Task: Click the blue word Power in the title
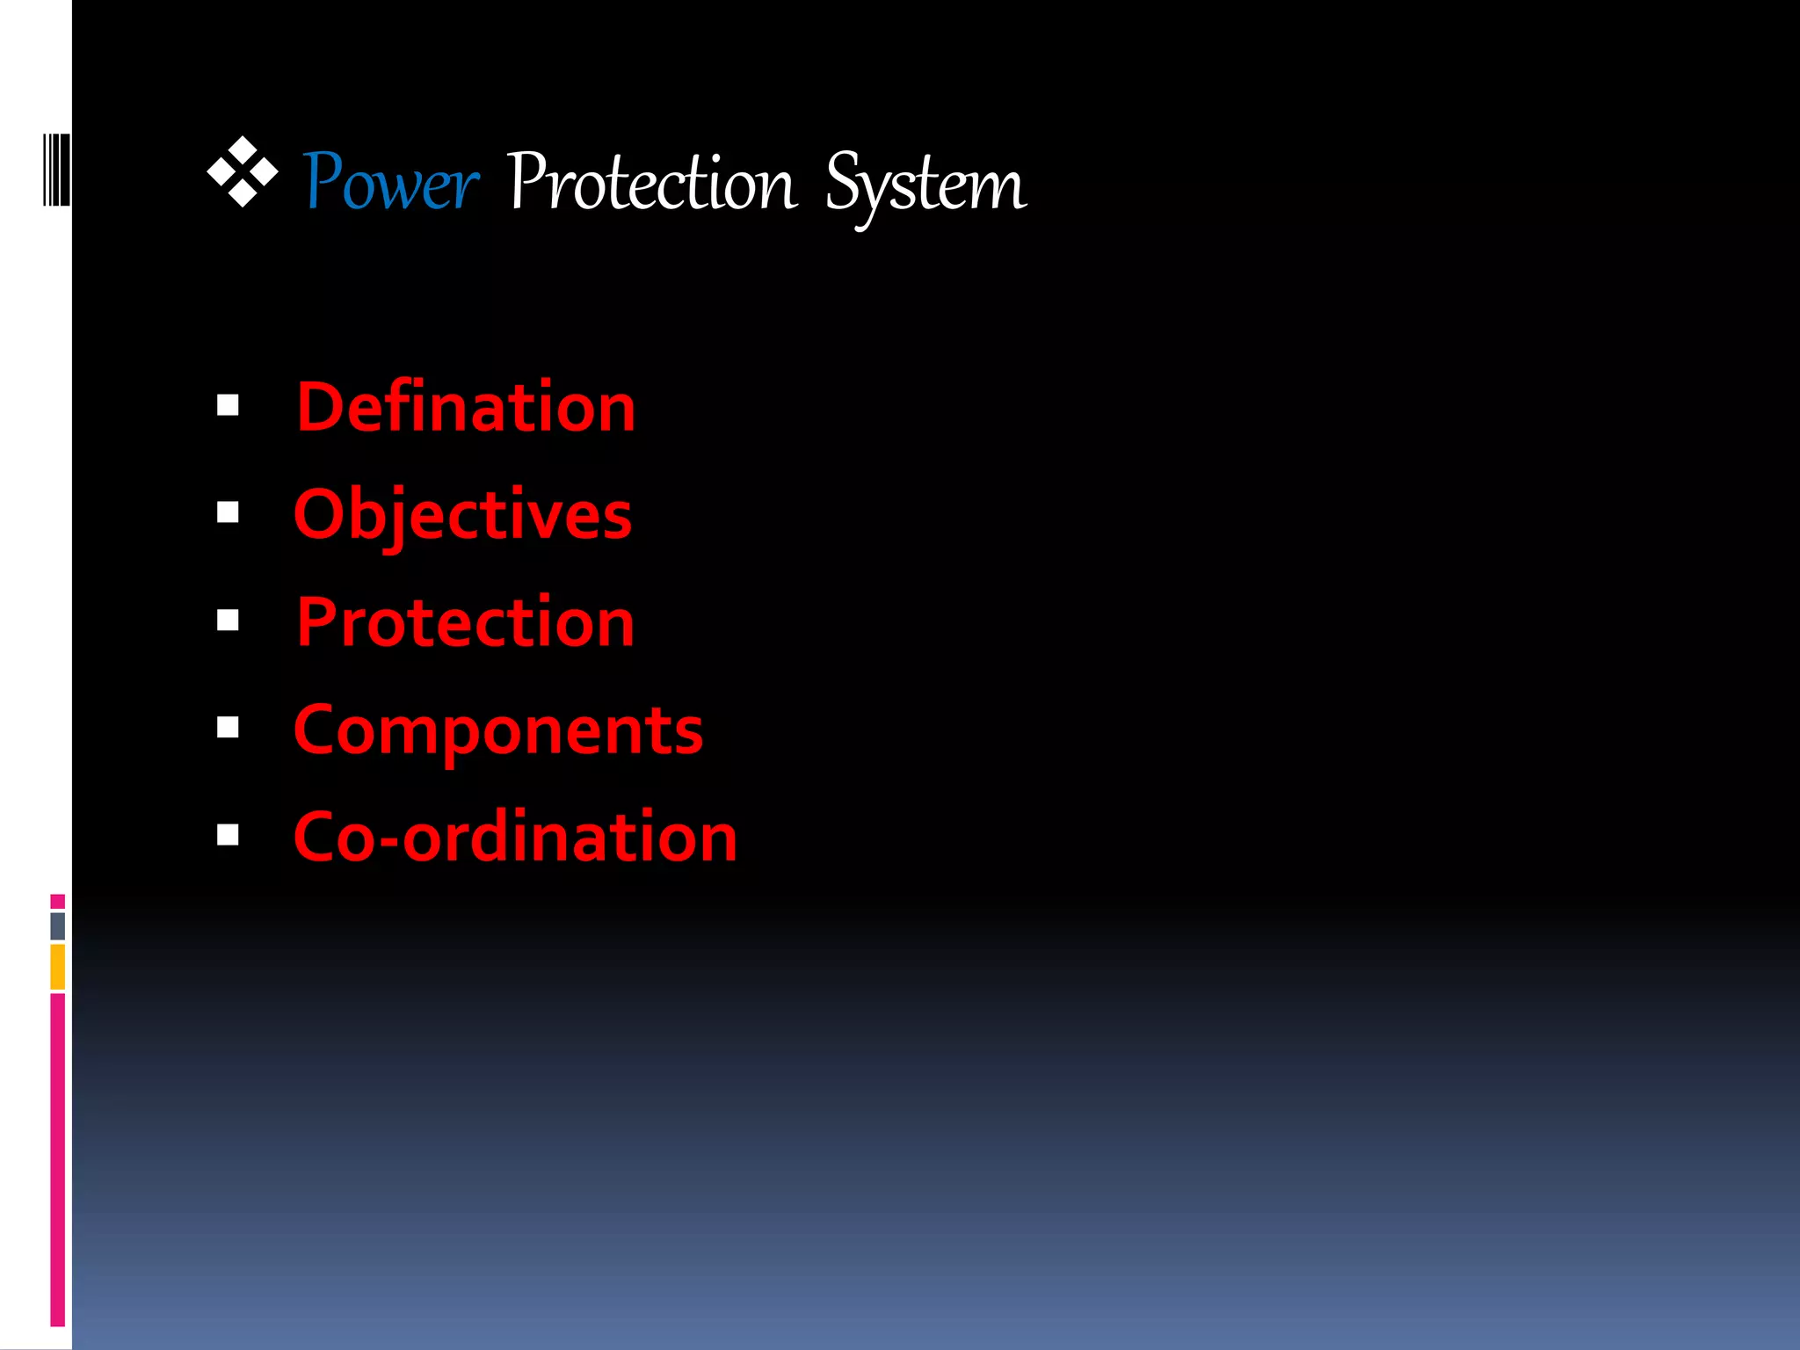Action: [x=391, y=183]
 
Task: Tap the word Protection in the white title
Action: [x=651, y=183]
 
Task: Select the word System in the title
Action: [x=925, y=185]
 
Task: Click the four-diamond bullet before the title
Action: [x=243, y=172]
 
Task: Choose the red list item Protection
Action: [x=466, y=622]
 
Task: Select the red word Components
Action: [x=498, y=730]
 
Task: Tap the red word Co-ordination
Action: [x=515, y=837]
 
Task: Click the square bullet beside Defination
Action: [x=228, y=405]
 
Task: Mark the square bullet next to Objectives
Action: [x=228, y=512]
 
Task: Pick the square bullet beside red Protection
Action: [x=228, y=621]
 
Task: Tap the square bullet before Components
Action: [x=228, y=728]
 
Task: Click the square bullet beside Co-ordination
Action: [x=228, y=835]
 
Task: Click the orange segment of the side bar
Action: [x=58, y=967]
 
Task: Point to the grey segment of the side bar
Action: [x=58, y=926]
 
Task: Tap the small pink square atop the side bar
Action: [x=58, y=902]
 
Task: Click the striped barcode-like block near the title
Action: [x=56, y=170]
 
